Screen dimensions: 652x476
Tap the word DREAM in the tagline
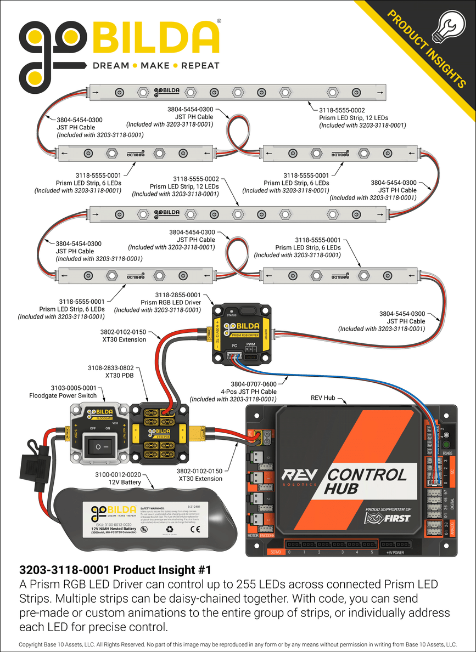point(110,65)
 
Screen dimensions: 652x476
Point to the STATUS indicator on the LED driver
point(231,314)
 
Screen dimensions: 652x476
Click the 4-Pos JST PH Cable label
point(249,392)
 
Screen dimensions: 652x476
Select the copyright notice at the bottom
point(238,645)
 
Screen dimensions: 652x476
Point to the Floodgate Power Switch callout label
point(63,391)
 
